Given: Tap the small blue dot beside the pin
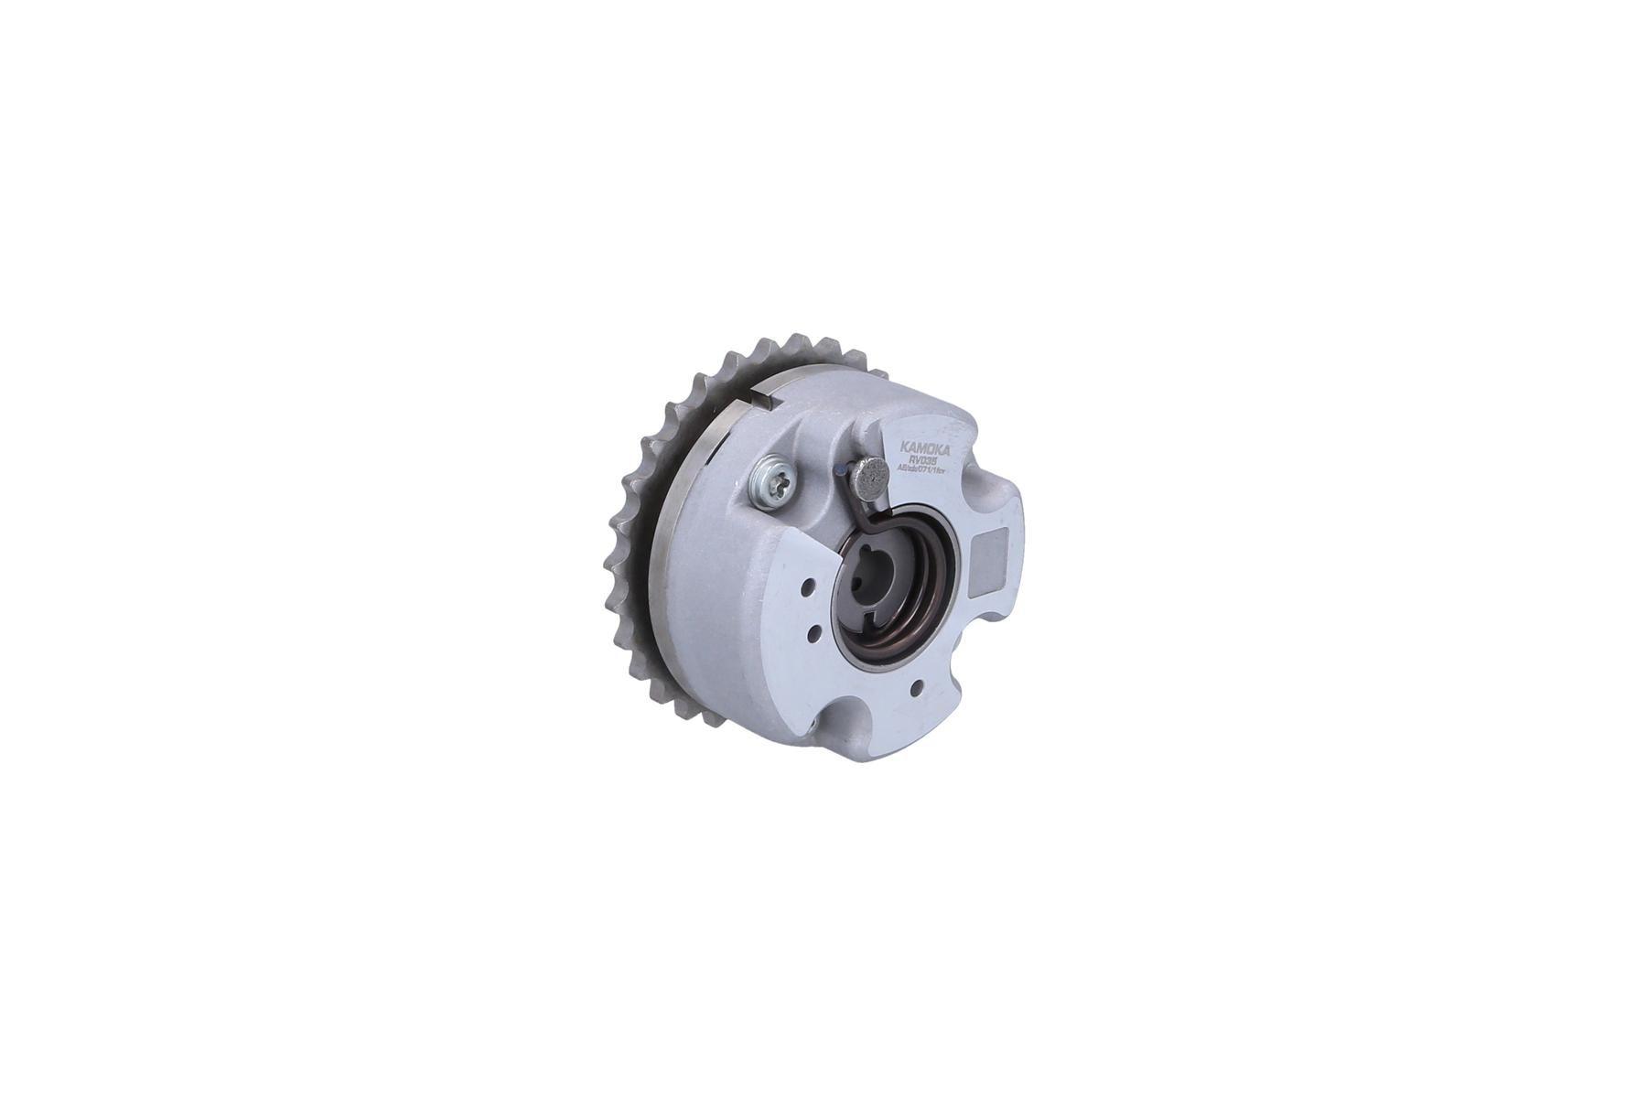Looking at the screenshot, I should (x=842, y=471).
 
